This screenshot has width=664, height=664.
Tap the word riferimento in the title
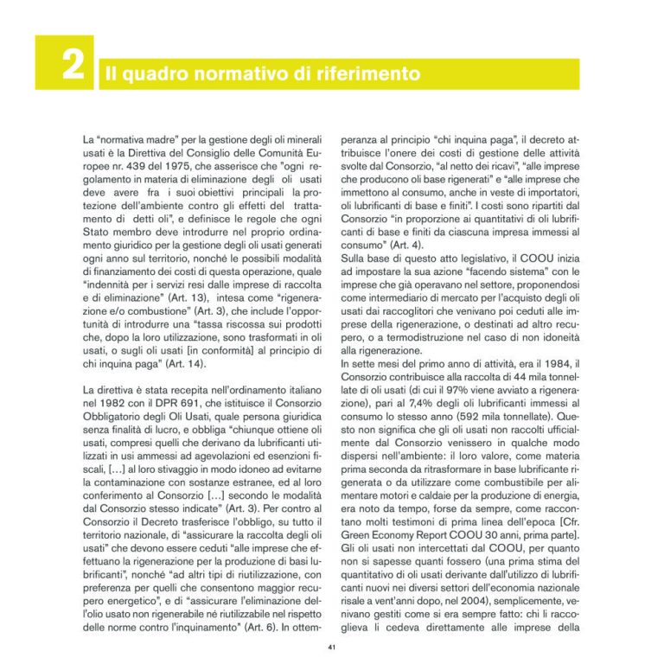(x=369, y=74)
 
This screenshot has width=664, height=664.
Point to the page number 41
(x=332, y=647)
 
